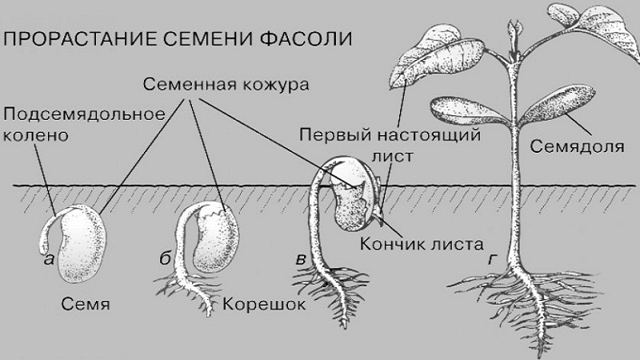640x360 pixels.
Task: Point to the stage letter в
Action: [301, 259]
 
